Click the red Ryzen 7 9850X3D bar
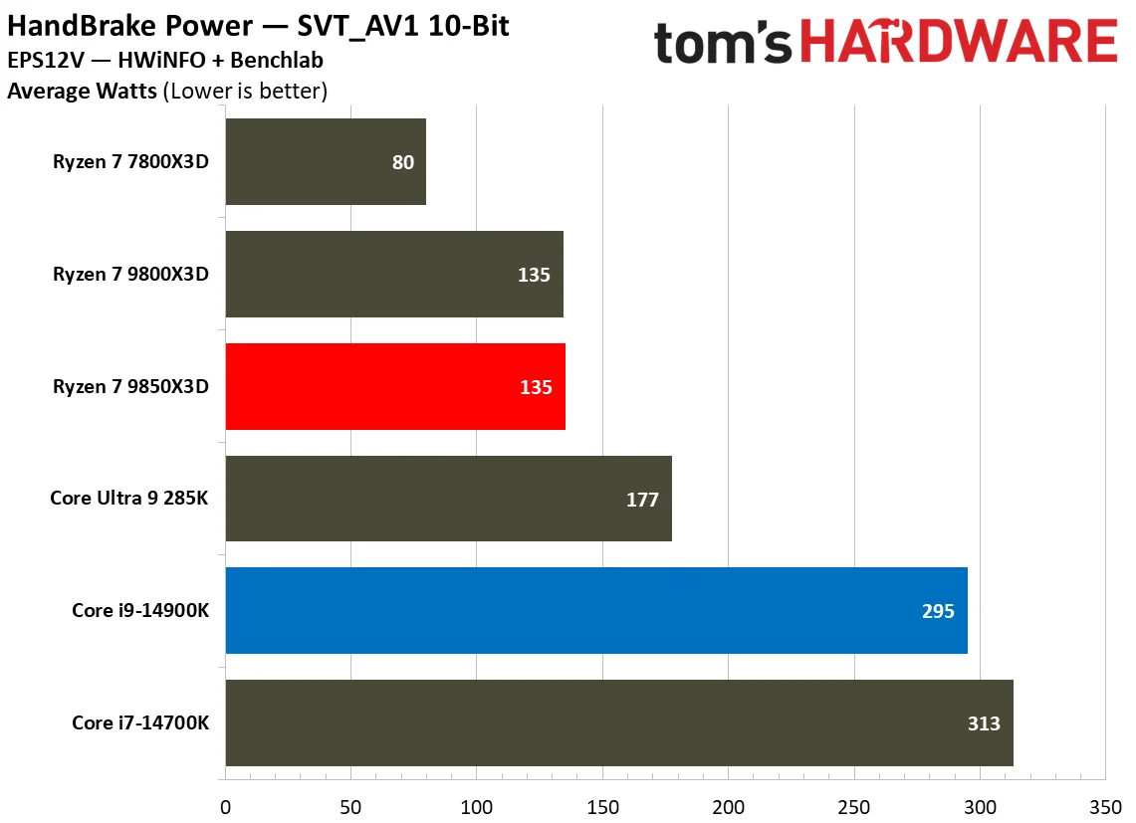pyautogui.click(x=395, y=386)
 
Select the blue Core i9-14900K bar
pyautogui.click(x=596, y=610)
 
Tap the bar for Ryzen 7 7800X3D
pyautogui.click(x=326, y=161)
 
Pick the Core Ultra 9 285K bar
pyautogui.click(x=448, y=499)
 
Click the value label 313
pyautogui.click(x=984, y=723)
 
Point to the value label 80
pyautogui.click(x=402, y=162)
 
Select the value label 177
pyautogui.click(x=642, y=500)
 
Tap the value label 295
pyautogui.click(x=938, y=611)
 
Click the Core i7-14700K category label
pyautogui.click(x=140, y=722)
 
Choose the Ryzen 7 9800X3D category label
pyautogui.click(x=130, y=275)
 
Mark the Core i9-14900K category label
pyautogui.click(x=140, y=610)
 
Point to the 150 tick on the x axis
pyautogui.click(x=602, y=805)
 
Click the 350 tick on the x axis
pyautogui.click(x=1105, y=805)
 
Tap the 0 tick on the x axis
pyautogui.click(x=226, y=805)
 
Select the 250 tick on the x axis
pyautogui.click(x=854, y=805)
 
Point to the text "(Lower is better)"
pyautogui.click(x=245, y=92)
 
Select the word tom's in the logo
pyautogui.click(x=724, y=43)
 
